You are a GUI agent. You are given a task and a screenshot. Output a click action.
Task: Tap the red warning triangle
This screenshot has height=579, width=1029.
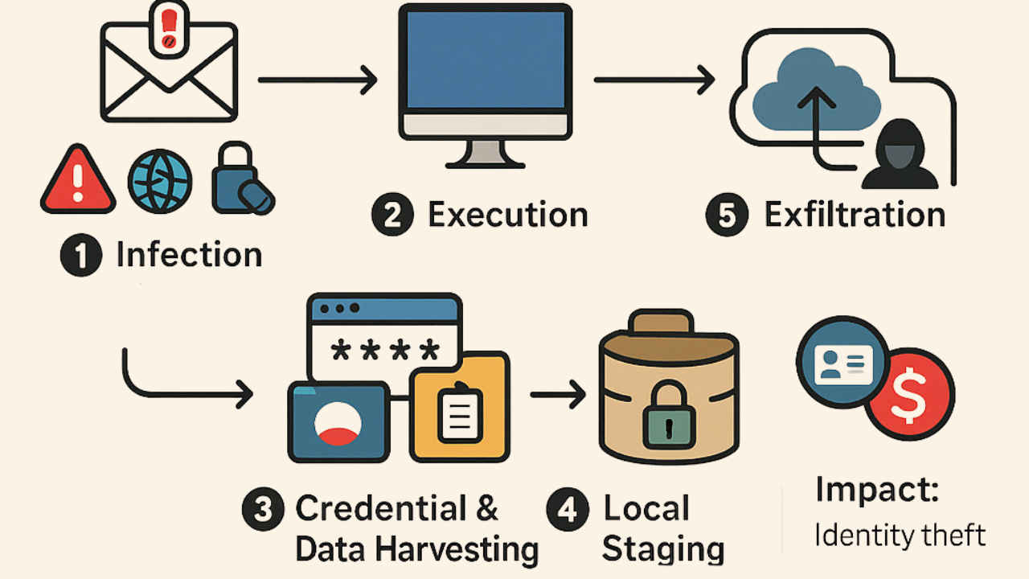click(x=77, y=181)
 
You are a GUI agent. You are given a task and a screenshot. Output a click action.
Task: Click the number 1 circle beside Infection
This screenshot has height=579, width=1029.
click(x=80, y=257)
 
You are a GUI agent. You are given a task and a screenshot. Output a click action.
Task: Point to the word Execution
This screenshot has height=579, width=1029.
click(x=507, y=216)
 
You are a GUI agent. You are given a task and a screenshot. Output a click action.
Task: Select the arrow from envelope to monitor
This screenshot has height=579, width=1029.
click(x=317, y=80)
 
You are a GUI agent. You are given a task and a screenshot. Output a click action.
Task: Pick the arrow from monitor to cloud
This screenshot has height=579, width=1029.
click(x=654, y=80)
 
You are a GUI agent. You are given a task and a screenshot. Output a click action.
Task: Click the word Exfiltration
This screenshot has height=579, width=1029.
click(x=854, y=216)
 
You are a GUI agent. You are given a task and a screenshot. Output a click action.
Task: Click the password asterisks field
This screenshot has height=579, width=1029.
click(x=385, y=351)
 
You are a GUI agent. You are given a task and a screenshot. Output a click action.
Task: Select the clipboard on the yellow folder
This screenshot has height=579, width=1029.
click(x=459, y=412)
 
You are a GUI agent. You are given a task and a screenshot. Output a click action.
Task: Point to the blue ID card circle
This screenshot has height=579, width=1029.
click(x=842, y=366)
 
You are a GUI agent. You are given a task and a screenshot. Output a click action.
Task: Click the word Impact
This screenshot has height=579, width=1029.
click(x=876, y=490)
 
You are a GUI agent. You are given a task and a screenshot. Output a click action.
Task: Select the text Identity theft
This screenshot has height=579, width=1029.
click(x=900, y=535)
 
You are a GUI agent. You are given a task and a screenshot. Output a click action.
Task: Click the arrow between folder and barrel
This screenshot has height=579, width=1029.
click(x=557, y=395)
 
